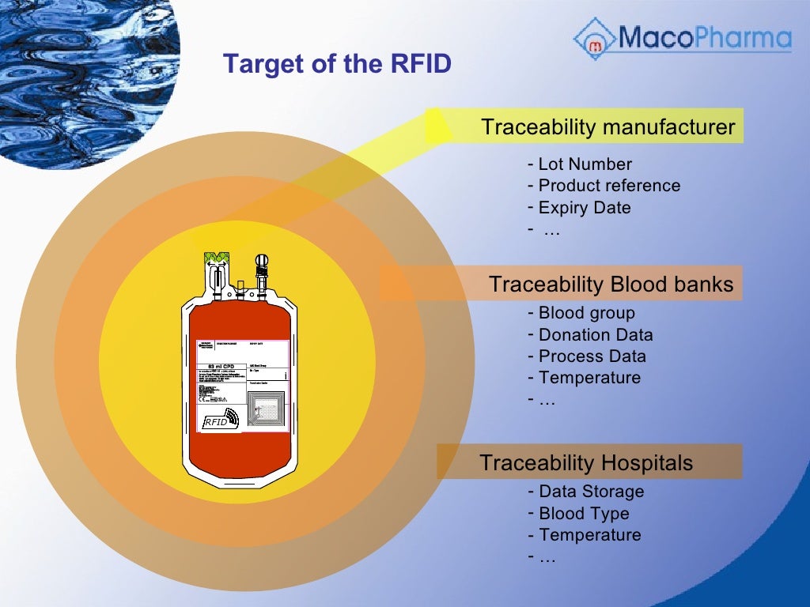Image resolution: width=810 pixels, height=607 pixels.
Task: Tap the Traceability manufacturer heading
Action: tap(607, 127)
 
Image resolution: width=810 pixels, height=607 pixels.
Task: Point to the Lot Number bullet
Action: tap(585, 164)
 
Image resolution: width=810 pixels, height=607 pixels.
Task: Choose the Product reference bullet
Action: tap(608, 186)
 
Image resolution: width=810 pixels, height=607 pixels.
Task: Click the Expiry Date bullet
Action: tap(585, 208)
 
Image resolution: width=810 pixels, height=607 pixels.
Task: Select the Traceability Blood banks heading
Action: tap(611, 284)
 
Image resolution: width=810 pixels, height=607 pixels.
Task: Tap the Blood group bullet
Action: tap(586, 313)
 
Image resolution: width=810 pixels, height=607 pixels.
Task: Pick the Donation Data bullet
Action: tap(595, 335)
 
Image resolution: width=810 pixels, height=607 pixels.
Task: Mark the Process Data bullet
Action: tap(592, 356)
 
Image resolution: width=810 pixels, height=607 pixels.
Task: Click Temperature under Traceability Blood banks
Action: tap(589, 378)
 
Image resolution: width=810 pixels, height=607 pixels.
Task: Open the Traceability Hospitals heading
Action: tap(586, 462)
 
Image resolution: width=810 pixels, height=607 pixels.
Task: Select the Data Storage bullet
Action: tap(591, 492)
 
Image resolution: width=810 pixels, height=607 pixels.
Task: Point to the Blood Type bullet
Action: tap(584, 514)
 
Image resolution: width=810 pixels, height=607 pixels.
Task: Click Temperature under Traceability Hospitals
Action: tap(589, 535)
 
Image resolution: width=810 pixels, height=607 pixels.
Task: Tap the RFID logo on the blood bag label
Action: tap(221, 420)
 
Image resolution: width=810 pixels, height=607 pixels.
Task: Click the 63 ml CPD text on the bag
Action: tap(221, 367)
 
